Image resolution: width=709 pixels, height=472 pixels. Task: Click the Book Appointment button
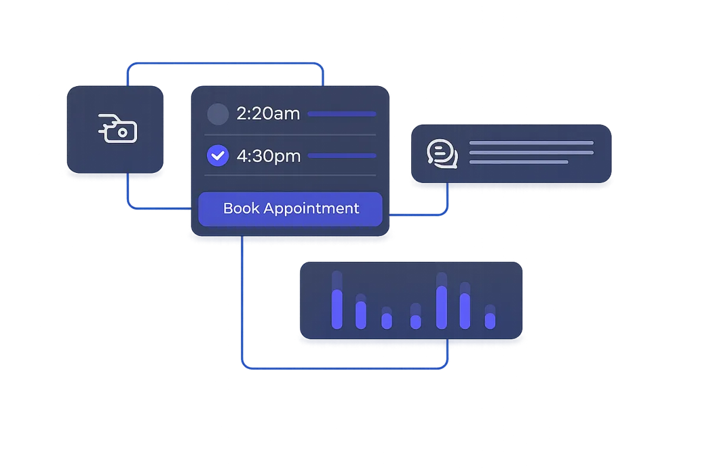coord(290,209)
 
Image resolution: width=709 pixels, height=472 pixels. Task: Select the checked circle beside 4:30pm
coord(218,156)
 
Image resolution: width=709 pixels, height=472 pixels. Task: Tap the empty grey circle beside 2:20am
coord(218,114)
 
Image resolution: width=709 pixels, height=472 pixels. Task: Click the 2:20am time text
coord(268,113)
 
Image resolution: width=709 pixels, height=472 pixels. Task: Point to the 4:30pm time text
coord(268,156)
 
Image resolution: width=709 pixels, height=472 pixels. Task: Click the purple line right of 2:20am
coord(342,114)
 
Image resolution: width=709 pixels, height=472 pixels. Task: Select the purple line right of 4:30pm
coord(342,156)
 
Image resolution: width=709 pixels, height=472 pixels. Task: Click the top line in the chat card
coord(531,143)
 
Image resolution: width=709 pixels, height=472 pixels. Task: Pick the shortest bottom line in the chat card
coord(519,162)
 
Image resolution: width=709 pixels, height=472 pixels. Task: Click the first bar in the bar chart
coord(337,309)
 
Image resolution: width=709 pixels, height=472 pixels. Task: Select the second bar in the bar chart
coord(361,314)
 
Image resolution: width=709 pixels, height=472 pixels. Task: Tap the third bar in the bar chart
coord(387,320)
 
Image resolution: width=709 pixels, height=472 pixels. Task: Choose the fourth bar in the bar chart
coord(416,321)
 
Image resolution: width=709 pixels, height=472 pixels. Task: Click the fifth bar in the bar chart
coord(441,307)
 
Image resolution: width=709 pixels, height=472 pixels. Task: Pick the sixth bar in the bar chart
coord(465,310)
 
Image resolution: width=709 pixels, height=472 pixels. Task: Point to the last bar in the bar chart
coord(490,320)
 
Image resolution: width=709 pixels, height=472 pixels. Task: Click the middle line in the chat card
coord(531,152)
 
